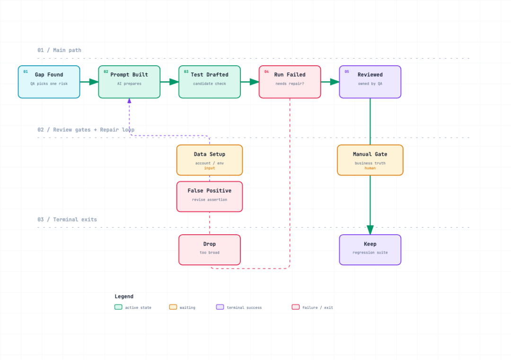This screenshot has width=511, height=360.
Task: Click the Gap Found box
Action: pos(49,82)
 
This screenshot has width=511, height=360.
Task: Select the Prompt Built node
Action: pos(129,82)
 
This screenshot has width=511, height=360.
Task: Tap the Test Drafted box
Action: pos(210,82)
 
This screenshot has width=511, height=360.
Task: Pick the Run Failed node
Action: pos(290,82)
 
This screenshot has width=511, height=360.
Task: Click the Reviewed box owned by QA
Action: pos(370,82)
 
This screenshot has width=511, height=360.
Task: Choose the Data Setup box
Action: pos(210,160)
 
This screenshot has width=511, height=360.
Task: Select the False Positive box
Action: pos(210,196)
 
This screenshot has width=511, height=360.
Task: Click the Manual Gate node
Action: pos(370,160)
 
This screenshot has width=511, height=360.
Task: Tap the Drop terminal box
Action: pos(210,250)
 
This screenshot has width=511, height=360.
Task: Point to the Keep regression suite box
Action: pos(370,250)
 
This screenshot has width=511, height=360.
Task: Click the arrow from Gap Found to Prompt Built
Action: pos(89,82)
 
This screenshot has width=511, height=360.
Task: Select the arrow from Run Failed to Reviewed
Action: pos(330,82)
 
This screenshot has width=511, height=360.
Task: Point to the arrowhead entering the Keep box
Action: pos(370,230)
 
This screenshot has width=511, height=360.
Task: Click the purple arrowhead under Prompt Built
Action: pos(129,101)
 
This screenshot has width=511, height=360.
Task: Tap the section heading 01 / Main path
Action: pos(59,50)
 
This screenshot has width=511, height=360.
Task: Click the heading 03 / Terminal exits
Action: pos(67,220)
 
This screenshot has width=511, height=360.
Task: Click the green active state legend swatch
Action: pos(118,307)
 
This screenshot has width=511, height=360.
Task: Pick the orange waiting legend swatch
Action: pos(173,307)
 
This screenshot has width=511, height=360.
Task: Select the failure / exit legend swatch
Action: pos(296,307)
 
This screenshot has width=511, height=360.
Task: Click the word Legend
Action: pos(124,297)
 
